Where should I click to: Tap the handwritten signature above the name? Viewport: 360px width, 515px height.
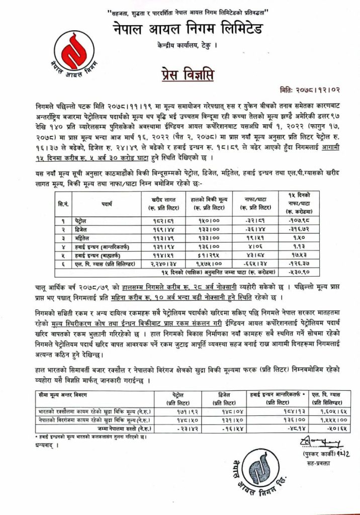tap(318, 442)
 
